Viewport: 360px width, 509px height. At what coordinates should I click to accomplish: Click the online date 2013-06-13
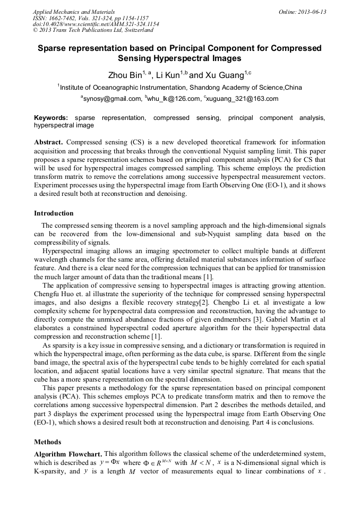308,12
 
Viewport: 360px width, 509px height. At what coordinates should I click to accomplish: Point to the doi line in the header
96,24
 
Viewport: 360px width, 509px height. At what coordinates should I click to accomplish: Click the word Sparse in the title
54,48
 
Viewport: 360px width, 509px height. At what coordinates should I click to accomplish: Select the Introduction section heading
54,213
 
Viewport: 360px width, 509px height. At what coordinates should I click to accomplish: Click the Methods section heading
47,442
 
